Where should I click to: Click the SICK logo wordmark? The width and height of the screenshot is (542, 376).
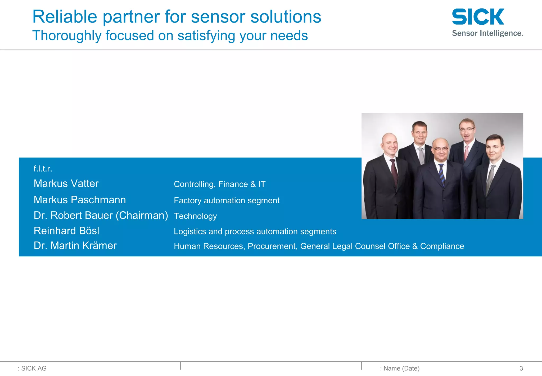click(x=478, y=17)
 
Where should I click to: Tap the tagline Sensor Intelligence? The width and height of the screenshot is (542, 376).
click(x=487, y=33)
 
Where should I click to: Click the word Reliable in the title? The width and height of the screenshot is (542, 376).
click(x=65, y=17)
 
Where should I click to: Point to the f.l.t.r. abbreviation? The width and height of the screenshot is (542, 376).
click(x=43, y=169)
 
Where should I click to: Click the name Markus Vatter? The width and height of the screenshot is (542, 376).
click(x=66, y=183)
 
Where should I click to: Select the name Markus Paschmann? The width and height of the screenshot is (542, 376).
click(x=80, y=200)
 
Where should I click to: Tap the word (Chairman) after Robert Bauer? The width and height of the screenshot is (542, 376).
click(x=142, y=215)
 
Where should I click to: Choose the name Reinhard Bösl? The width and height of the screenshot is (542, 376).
click(x=66, y=231)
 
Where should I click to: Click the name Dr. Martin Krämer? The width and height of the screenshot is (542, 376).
click(x=75, y=246)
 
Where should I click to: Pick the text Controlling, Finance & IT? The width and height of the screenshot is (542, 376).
click(x=219, y=184)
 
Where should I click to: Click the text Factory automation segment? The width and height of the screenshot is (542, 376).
click(x=227, y=200)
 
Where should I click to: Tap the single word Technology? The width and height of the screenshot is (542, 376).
click(x=195, y=216)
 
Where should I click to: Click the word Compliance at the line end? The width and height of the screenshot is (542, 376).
click(x=442, y=246)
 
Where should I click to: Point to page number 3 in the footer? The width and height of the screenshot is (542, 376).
click(x=521, y=368)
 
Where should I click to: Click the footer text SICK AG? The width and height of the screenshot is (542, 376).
click(x=34, y=368)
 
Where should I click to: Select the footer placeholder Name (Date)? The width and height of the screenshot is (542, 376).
click(x=401, y=368)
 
